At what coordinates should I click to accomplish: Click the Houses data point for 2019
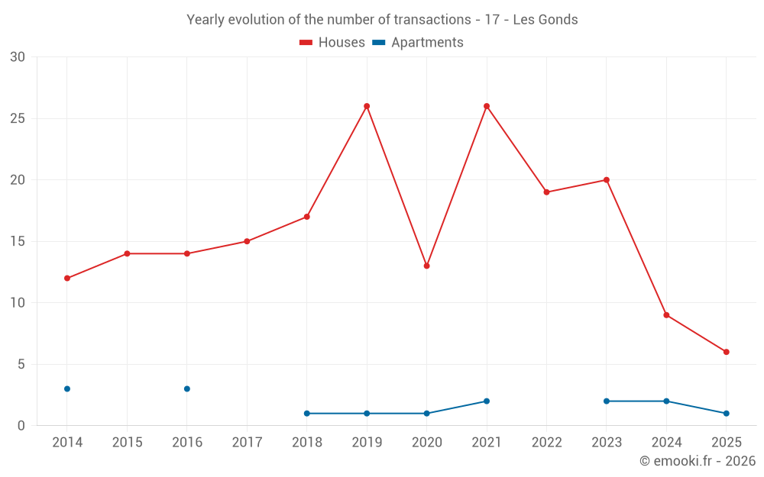(367, 106)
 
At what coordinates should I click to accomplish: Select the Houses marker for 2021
(487, 106)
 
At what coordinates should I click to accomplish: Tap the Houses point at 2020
(426, 266)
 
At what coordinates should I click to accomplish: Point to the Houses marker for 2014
(67, 278)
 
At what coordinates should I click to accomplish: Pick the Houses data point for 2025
(727, 352)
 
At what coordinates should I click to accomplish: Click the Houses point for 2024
(666, 315)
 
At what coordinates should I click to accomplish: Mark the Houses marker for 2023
(607, 180)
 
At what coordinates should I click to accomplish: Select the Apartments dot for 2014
(67, 388)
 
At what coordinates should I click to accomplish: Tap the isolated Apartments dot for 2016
(187, 388)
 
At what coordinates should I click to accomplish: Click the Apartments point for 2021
(487, 401)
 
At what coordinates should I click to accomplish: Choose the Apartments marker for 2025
(727, 413)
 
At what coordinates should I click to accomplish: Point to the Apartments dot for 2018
(307, 413)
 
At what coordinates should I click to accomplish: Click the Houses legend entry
(332, 43)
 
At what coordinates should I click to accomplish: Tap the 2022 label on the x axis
(546, 443)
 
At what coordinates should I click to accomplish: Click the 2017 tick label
(247, 443)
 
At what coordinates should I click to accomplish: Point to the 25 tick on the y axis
(18, 118)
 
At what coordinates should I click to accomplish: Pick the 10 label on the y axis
(18, 303)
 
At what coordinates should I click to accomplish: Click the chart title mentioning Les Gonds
(382, 20)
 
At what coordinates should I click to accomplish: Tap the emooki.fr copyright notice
(697, 461)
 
